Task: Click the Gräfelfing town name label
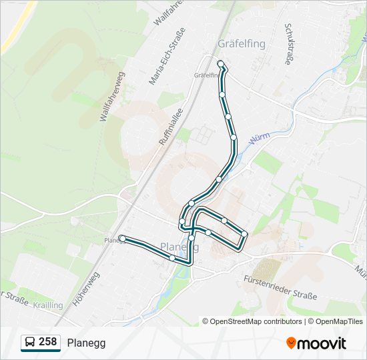(x=242, y=44)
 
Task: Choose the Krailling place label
(x=49, y=305)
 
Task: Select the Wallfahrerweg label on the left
(x=111, y=97)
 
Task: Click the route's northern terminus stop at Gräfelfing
(x=221, y=63)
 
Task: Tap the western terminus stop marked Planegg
(x=122, y=238)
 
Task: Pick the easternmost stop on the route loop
(x=245, y=233)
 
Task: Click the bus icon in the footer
(x=29, y=343)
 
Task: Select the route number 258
(x=48, y=342)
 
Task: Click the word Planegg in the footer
(x=86, y=343)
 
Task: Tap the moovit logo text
(x=322, y=343)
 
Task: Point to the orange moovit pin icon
(x=291, y=343)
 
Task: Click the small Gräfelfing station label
(x=206, y=75)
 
